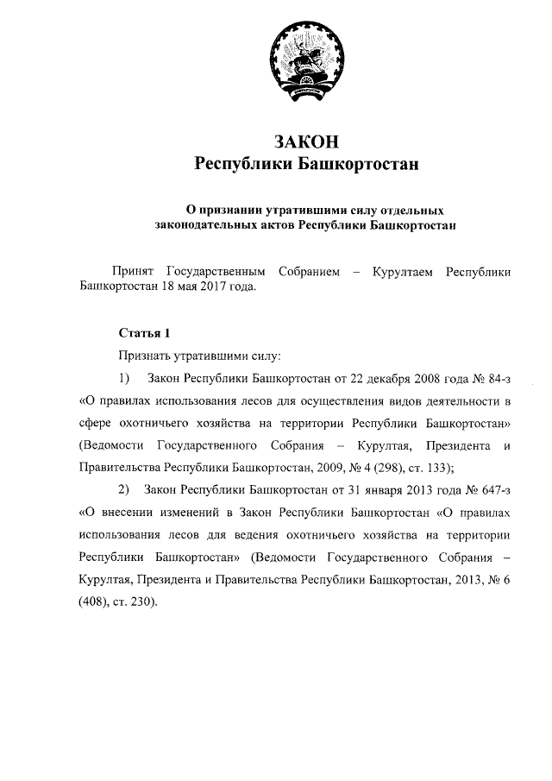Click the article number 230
point(142,602)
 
